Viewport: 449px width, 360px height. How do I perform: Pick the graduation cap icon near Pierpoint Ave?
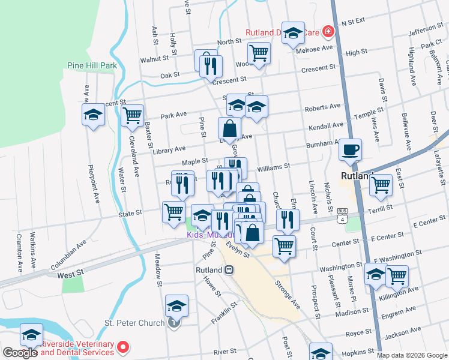coord(94,114)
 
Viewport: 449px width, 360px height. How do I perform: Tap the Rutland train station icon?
coord(229,270)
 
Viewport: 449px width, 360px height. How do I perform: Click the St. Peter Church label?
coord(135,323)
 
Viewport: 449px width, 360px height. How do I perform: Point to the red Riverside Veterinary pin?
coord(124,347)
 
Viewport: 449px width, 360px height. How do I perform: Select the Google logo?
coord(20,353)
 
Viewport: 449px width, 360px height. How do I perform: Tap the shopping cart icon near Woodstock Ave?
coord(259,52)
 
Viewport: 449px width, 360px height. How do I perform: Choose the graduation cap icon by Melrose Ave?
coord(293,33)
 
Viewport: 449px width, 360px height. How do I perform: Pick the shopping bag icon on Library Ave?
coord(229,127)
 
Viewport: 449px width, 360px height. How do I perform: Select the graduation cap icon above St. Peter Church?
coord(176,305)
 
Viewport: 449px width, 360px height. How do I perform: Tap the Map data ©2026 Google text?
coord(412,355)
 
